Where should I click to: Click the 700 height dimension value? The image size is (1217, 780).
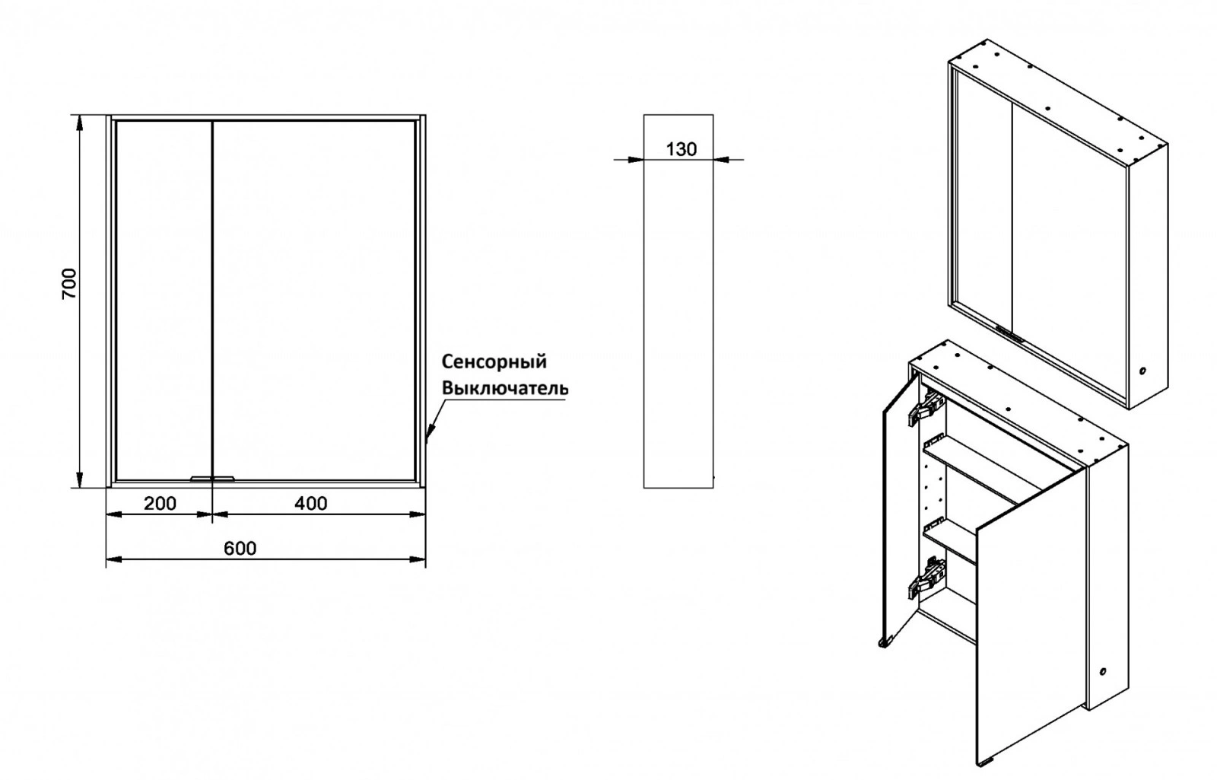69,283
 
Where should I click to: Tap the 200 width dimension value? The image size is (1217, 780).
160,503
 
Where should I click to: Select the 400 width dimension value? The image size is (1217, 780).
311,503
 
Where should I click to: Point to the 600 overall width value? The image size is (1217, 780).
240,549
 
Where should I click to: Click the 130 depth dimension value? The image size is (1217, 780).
682,149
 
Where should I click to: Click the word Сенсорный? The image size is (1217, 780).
494,361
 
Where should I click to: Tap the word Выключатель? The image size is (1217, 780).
505,388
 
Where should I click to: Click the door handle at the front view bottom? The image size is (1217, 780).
212,479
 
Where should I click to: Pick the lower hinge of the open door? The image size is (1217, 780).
926,579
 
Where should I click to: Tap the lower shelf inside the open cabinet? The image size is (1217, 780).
950,540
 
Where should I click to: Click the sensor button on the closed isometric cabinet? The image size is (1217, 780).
1142,371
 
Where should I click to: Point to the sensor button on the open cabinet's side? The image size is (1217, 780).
1102,672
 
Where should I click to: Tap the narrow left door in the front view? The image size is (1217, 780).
164,301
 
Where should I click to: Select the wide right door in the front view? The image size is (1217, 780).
315,301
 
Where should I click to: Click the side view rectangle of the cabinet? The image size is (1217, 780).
678,301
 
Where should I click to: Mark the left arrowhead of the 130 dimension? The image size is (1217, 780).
635,160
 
